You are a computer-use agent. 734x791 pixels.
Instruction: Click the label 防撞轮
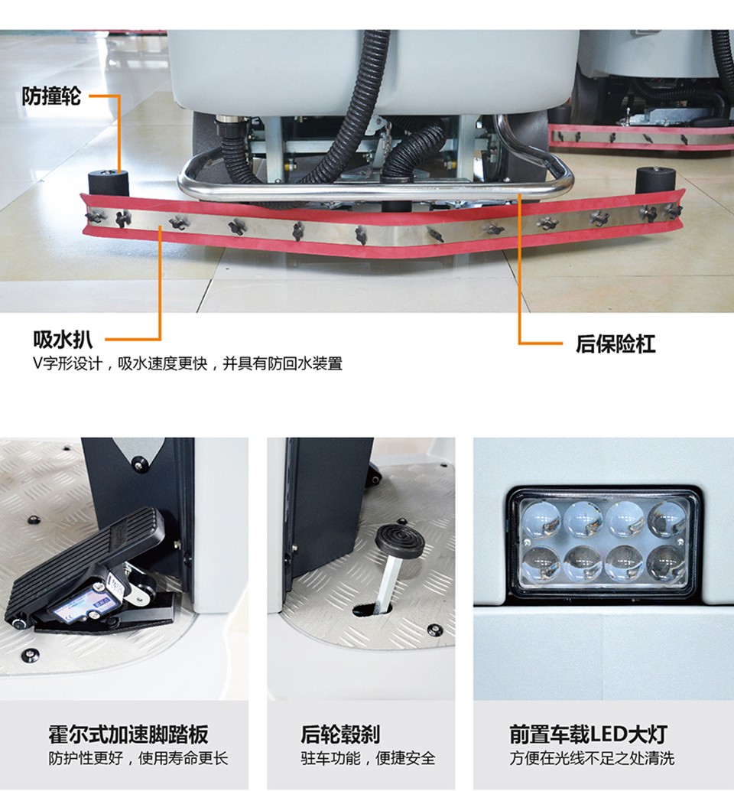[x=51, y=96]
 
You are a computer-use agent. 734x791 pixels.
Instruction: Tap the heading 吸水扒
[x=63, y=340]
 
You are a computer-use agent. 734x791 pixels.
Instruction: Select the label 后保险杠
[x=615, y=343]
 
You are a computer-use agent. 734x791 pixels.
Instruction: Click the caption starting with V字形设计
[x=187, y=363]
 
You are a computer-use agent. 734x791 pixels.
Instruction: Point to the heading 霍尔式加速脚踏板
[x=128, y=734]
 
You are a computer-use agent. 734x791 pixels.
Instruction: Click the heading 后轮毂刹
[x=340, y=734]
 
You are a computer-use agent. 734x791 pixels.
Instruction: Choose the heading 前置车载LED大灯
[x=588, y=734]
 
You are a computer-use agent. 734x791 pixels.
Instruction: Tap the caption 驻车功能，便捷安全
[x=368, y=758]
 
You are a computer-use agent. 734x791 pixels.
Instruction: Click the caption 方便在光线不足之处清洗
[x=591, y=758]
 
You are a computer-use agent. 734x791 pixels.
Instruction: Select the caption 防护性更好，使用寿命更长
[x=138, y=758]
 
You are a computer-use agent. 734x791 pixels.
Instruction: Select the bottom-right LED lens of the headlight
[x=666, y=564]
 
